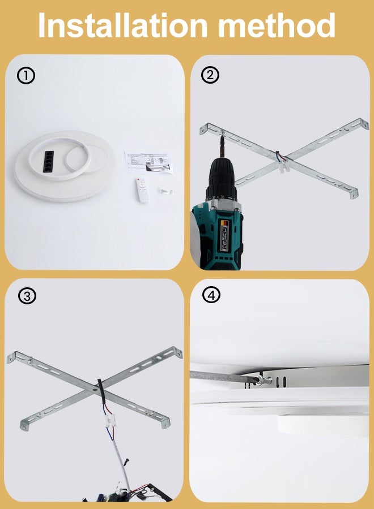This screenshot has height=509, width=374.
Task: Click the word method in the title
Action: [278, 25]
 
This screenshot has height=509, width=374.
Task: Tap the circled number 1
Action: [26, 76]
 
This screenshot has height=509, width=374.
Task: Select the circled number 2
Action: [210, 75]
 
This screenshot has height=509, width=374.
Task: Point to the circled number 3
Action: [26, 295]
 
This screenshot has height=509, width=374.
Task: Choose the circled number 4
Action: [210, 295]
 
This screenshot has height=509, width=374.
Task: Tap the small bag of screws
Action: [165, 191]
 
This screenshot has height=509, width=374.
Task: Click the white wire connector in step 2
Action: [286, 166]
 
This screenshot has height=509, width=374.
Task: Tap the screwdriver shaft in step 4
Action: [221, 375]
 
